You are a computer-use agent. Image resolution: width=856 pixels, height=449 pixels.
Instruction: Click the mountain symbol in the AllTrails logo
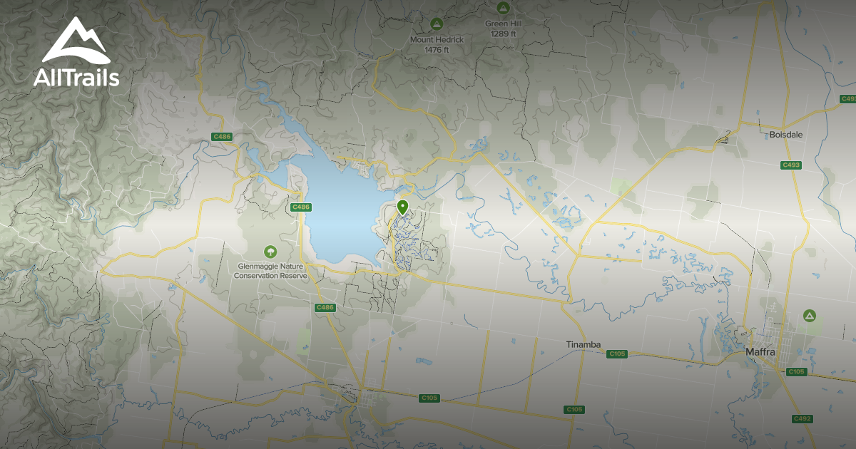pyautogui.click(x=76, y=41)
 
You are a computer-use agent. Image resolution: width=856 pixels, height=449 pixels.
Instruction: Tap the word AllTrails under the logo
pyautogui.click(x=76, y=78)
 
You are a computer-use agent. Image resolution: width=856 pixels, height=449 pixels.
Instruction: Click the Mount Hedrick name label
pyautogui.click(x=436, y=40)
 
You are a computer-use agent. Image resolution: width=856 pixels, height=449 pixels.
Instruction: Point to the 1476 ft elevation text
pyautogui.click(x=436, y=50)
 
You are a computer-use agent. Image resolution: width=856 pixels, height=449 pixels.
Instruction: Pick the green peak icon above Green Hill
pyautogui.click(x=503, y=8)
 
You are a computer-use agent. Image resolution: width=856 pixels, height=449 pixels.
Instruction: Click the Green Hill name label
pyautogui.click(x=503, y=24)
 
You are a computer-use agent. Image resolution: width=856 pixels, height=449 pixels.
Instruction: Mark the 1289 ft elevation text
pyautogui.click(x=503, y=33)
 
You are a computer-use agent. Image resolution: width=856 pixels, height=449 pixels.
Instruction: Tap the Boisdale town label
pyautogui.click(x=787, y=134)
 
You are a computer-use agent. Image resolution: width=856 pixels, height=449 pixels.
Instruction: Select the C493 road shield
pyautogui.click(x=790, y=165)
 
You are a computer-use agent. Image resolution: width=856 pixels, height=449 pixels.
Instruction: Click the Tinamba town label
pyautogui.click(x=584, y=345)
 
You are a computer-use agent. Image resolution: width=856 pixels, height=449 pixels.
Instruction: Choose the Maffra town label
pyautogui.click(x=760, y=351)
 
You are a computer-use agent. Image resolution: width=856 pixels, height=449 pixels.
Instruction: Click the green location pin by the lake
pyautogui.click(x=402, y=207)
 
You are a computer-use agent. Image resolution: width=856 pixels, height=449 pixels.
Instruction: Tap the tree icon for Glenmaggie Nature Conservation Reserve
pyautogui.click(x=270, y=252)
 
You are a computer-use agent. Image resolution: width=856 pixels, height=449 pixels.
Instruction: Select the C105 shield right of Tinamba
pyautogui.click(x=617, y=354)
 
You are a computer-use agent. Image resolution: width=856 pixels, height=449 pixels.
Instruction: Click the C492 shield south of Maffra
pyautogui.click(x=802, y=418)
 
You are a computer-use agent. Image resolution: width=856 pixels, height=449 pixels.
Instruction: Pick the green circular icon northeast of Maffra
pyautogui.click(x=809, y=315)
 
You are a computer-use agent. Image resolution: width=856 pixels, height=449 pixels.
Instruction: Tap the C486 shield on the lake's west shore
pyautogui.click(x=301, y=207)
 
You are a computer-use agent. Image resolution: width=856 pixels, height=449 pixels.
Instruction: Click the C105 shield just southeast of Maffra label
pyautogui.click(x=797, y=372)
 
